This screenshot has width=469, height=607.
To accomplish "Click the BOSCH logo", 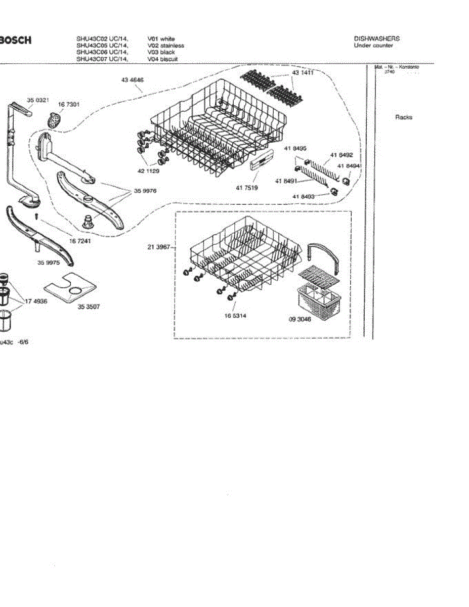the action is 15,40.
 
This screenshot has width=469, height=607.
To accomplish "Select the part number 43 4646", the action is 132,80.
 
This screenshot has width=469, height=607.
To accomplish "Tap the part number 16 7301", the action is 68,104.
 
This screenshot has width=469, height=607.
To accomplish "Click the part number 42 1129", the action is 148,171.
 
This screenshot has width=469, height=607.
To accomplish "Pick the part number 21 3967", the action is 158,247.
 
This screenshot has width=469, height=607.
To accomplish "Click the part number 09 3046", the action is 300,320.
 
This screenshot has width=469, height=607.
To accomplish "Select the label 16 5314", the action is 235,316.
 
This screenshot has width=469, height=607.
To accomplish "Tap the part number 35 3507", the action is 89,306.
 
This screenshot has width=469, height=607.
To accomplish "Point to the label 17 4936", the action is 36,300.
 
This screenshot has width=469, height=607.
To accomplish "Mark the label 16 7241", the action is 79,241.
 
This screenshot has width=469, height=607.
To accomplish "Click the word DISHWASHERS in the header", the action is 376,38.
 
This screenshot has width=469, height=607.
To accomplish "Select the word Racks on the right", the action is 403,117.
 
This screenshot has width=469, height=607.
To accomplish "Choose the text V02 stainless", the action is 165,46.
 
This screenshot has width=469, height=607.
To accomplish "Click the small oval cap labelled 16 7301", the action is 53,120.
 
